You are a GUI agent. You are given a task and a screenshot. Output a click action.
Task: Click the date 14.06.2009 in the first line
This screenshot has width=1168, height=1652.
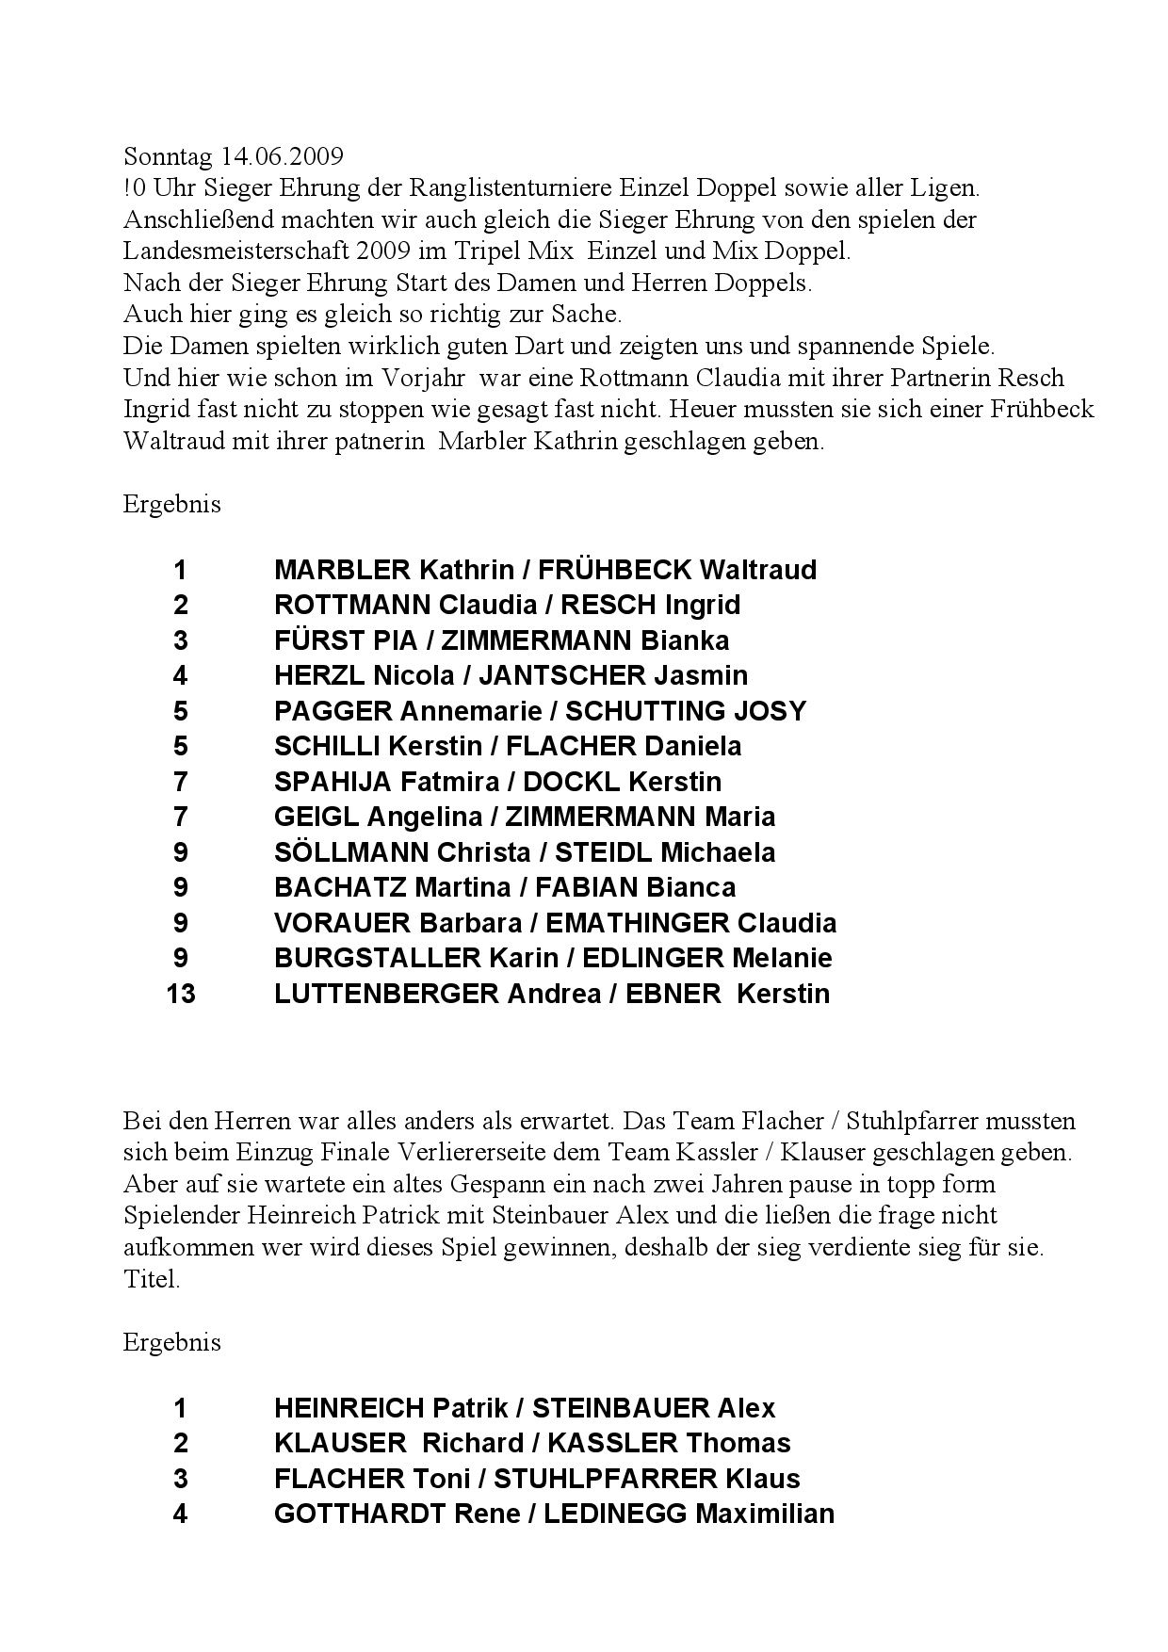pos(283,155)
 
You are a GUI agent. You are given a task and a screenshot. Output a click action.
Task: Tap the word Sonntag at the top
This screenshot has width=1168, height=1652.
pos(170,156)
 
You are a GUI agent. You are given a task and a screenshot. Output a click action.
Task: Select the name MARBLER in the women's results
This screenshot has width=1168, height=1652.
pos(342,570)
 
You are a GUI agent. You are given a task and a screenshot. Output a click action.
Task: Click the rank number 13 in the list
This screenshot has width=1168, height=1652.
pos(180,994)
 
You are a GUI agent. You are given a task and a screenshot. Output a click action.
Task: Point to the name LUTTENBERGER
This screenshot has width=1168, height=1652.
pos(386,994)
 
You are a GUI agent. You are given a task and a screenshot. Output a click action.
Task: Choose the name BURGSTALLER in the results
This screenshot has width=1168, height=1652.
pos(378,958)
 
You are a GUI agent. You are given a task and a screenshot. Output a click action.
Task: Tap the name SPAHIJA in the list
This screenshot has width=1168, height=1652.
pos(333,782)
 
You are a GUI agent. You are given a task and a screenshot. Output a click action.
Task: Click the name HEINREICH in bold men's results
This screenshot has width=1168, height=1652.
pos(349,1408)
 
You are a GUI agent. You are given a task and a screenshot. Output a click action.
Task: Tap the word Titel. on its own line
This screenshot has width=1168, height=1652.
pos(151,1280)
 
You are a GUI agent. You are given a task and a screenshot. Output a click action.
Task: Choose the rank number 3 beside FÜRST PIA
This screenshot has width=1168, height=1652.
pos(180,640)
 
